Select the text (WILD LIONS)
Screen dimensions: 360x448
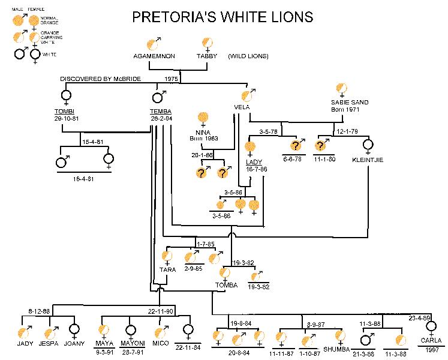(x=248, y=56)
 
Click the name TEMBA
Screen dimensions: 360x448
(x=161, y=112)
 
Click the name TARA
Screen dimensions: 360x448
(x=168, y=269)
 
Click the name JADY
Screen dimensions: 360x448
(x=25, y=344)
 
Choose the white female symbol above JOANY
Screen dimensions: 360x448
(x=74, y=331)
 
